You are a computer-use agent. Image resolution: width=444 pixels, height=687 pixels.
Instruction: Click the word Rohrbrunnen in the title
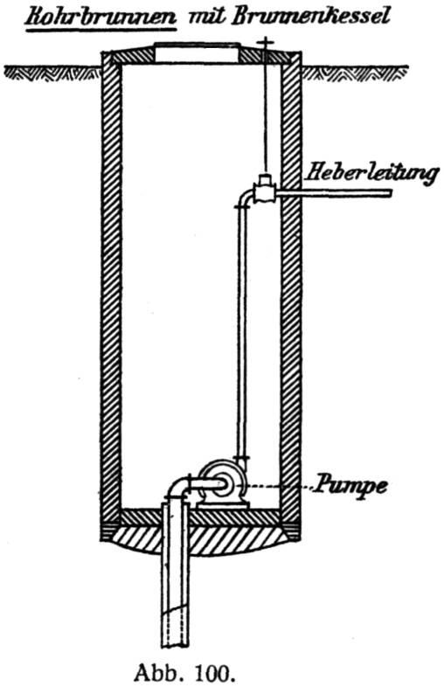(x=101, y=17)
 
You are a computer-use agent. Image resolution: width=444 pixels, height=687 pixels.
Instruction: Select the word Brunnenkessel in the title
(x=310, y=17)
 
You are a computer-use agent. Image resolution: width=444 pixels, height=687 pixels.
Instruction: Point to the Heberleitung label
(x=371, y=173)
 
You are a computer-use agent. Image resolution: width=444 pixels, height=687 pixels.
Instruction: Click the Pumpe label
(x=349, y=485)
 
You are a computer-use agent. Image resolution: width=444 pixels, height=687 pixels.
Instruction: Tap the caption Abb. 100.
(x=183, y=672)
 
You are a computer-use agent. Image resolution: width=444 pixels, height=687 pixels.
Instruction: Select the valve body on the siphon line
(x=264, y=189)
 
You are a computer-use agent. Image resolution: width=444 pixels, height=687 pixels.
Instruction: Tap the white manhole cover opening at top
(x=198, y=53)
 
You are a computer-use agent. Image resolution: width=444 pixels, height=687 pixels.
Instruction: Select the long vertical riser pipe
(x=242, y=333)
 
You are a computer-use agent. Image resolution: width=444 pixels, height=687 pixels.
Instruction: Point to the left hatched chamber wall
(x=111, y=289)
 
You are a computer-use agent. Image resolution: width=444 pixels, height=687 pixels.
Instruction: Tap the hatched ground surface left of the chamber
(x=52, y=73)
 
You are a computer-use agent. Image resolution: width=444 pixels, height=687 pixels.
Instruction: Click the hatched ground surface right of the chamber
(x=354, y=73)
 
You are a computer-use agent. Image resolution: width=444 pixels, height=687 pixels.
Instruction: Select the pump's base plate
(x=223, y=505)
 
